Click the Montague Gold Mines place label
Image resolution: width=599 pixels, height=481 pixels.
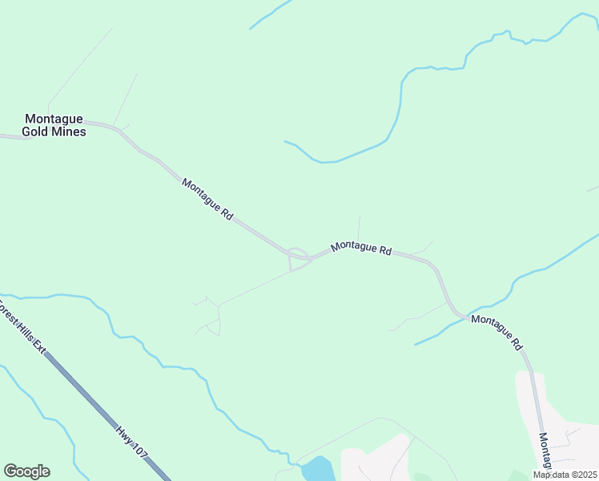[x=54, y=124]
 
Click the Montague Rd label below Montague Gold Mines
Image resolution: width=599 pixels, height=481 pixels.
[x=207, y=199]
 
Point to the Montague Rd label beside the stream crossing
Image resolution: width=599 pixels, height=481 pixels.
[x=496, y=330]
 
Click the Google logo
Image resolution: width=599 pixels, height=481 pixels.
[x=26, y=471]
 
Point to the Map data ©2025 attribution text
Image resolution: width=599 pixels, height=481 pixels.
[x=565, y=475]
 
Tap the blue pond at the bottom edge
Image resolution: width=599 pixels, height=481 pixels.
[x=318, y=468]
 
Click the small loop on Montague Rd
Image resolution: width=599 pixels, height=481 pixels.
[x=299, y=254]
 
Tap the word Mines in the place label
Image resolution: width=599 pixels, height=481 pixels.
[x=70, y=131]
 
